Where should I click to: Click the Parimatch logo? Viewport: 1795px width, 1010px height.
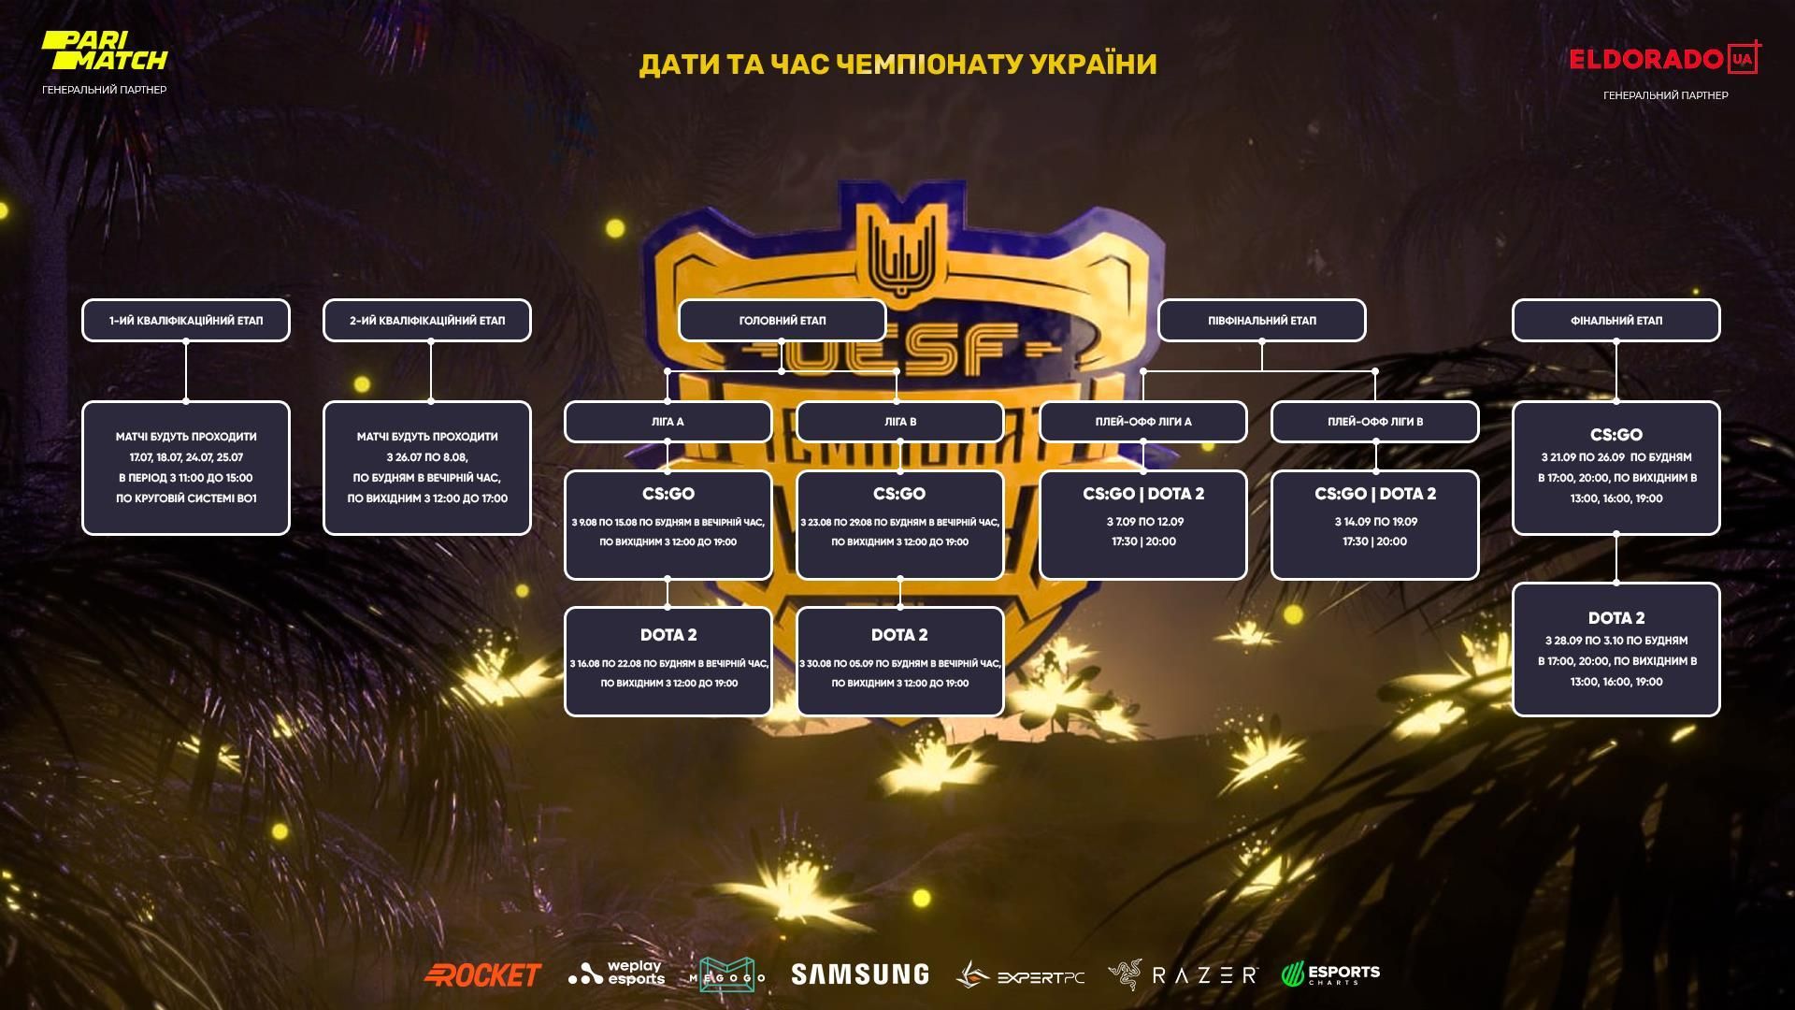pyautogui.click(x=104, y=51)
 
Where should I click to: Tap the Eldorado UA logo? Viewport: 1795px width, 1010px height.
pyautogui.click(x=1664, y=59)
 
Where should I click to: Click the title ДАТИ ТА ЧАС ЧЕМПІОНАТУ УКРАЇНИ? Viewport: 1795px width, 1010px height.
pyautogui.click(x=897, y=64)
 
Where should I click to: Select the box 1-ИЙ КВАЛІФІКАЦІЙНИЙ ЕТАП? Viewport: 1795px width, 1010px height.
pyautogui.click(x=186, y=321)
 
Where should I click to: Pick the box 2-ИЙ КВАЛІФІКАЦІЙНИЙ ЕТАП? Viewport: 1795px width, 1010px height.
pyautogui.click(x=427, y=321)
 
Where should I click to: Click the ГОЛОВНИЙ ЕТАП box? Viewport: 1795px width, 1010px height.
pyautogui.click(x=783, y=321)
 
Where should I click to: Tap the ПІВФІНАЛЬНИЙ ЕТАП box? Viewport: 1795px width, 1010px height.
pyautogui.click(x=1261, y=321)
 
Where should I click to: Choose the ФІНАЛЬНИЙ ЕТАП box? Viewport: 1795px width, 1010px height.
pyautogui.click(x=1615, y=321)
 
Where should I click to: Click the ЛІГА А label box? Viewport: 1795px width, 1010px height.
pyautogui.click(x=668, y=422)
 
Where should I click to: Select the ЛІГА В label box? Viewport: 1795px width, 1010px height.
pyautogui.click(x=899, y=422)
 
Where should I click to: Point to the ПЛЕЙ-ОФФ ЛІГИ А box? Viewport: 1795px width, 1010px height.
pyautogui.click(x=1142, y=422)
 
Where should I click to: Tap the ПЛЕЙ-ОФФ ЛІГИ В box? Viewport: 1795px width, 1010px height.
pyautogui.click(x=1374, y=422)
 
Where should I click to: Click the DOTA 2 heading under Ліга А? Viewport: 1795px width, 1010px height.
pyautogui.click(x=668, y=635)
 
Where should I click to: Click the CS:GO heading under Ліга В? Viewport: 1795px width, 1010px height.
pyautogui.click(x=899, y=494)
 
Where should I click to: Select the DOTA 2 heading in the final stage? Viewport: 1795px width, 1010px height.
pyautogui.click(x=1615, y=618)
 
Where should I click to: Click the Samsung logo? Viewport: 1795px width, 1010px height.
pyautogui.click(x=859, y=974)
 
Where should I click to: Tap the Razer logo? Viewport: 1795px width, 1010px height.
pyautogui.click(x=1184, y=974)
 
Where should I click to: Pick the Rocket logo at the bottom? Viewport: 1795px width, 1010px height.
pyautogui.click(x=482, y=974)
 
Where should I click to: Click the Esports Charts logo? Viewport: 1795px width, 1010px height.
pyautogui.click(x=1330, y=974)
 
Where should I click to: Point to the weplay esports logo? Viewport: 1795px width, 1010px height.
pyautogui.click(x=617, y=974)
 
